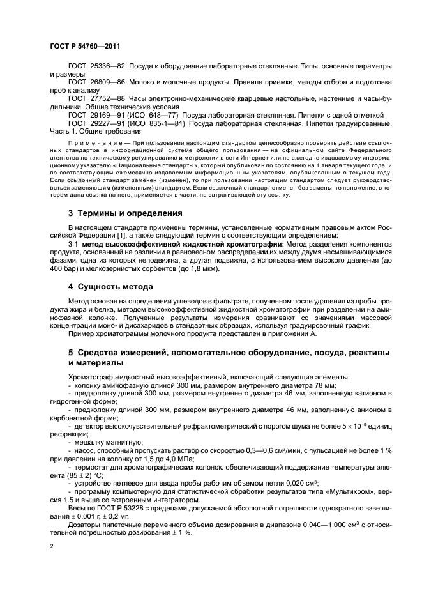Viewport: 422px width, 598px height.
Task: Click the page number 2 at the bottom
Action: (x=52, y=547)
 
